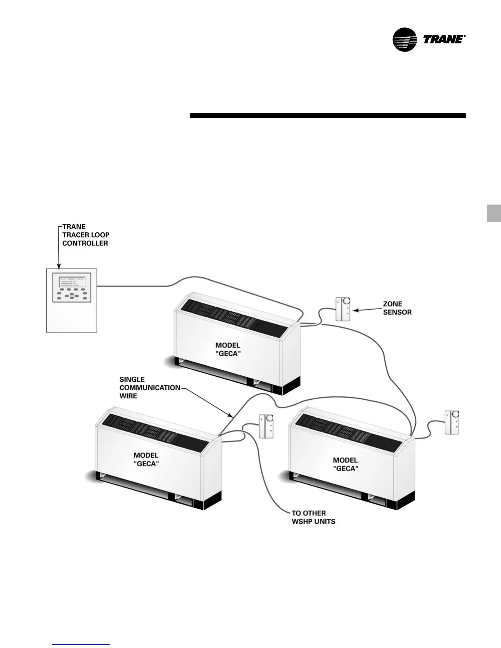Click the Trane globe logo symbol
(x=404, y=40)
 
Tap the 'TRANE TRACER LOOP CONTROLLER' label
(x=86, y=235)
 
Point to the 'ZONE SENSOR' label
(x=397, y=308)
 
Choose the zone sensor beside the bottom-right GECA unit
(x=452, y=422)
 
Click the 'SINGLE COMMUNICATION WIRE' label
(x=149, y=387)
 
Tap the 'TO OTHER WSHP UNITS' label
(x=313, y=517)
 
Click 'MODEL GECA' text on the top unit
(x=228, y=349)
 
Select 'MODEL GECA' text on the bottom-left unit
(x=146, y=459)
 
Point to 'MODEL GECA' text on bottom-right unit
(x=345, y=464)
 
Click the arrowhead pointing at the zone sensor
(x=355, y=311)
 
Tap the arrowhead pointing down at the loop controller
(x=59, y=266)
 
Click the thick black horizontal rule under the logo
(x=327, y=116)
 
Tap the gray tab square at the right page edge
(x=494, y=213)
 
